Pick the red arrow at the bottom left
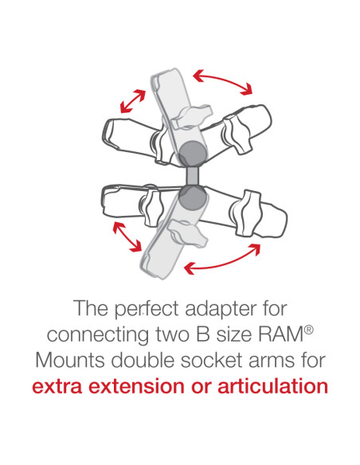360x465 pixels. pyautogui.click(x=123, y=238)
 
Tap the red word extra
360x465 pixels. pyautogui.click(x=57, y=388)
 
